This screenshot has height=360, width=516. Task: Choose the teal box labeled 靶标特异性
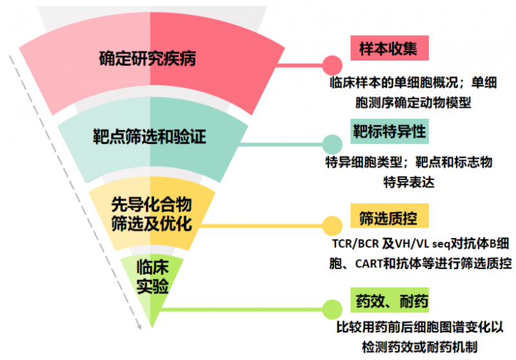coord(389,131)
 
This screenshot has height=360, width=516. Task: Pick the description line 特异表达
coord(408,181)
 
